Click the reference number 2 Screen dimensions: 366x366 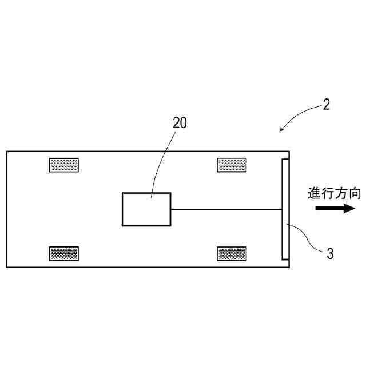[326, 105]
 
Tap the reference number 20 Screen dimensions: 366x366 [180, 122]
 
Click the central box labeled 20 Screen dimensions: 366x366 [146, 209]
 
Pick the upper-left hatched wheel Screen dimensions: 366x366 [64, 165]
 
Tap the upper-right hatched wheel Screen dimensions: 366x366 [232, 165]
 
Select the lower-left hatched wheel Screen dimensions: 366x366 [64, 253]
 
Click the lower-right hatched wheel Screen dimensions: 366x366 [232, 253]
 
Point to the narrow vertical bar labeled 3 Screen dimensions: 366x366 [285, 209]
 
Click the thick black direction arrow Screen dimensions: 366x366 [335, 209]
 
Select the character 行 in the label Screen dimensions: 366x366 [328, 193]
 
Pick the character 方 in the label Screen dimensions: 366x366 [341, 193]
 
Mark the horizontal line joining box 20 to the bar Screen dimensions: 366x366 [226, 209]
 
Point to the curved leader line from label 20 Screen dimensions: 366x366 [162, 160]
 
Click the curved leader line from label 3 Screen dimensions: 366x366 [309, 240]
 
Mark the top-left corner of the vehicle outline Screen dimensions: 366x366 [7, 152]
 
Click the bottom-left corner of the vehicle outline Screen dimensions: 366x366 [7, 267]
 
